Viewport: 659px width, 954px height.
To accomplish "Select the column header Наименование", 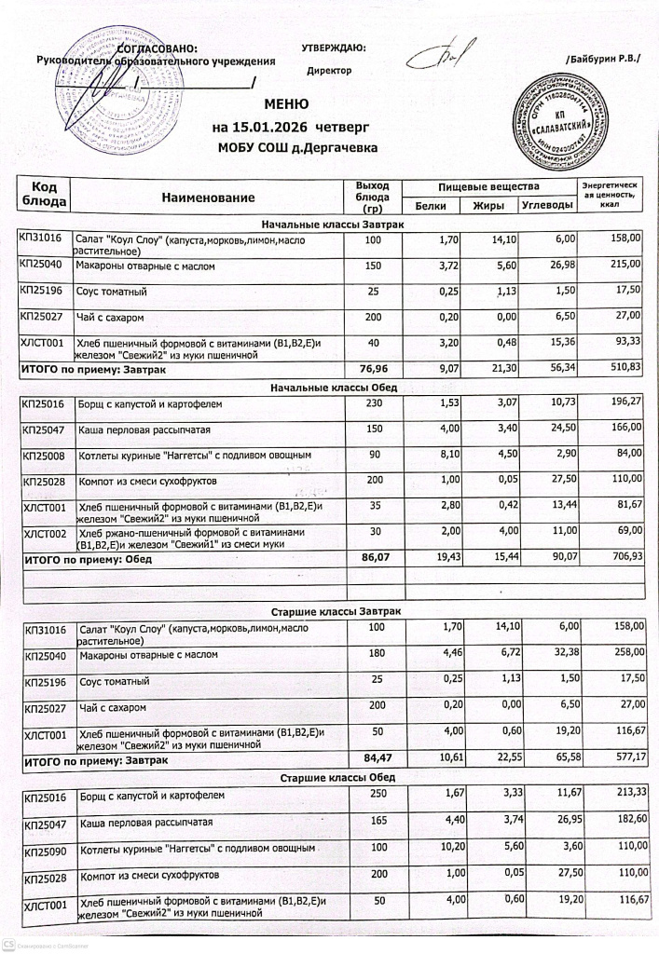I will click(x=208, y=198).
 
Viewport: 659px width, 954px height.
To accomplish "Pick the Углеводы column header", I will click(x=547, y=206).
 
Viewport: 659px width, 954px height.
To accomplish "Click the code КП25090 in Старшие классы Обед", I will click(x=46, y=850).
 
